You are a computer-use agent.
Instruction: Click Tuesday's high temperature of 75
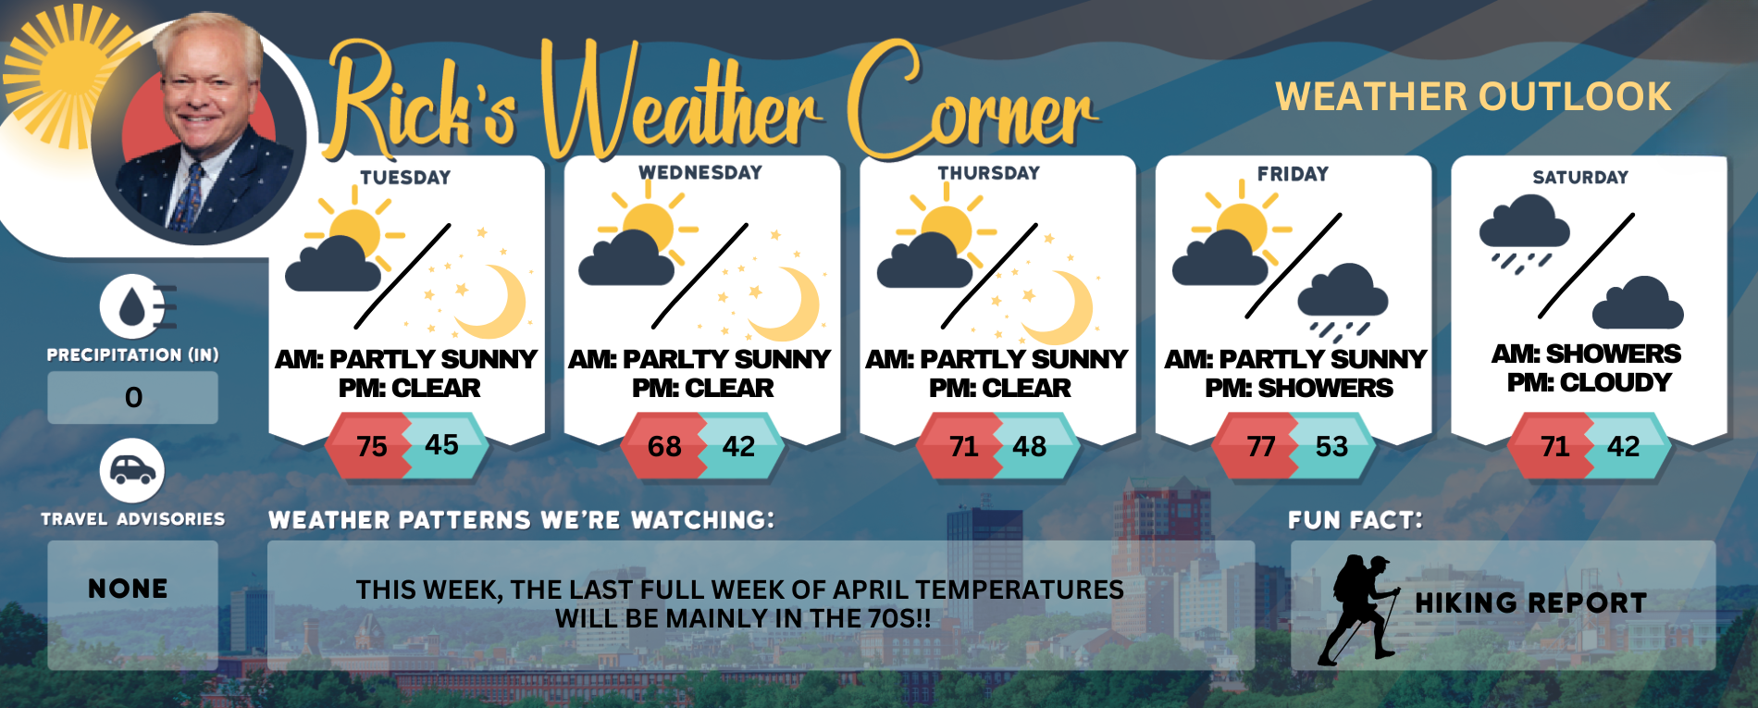pyautogui.click(x=372, y=446)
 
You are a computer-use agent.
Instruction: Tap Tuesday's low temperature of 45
pyautogui.click(x=441, y=445)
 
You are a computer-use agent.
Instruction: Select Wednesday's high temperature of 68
pyautogui.click(x=664, y=446)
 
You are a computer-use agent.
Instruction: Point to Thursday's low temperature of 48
pyautogui.click(x=1029, y=446)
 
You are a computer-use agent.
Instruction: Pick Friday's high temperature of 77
pyautogui.click(x=1260, y=446)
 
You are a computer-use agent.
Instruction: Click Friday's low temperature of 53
pyautogui.click(x=1331, y=446)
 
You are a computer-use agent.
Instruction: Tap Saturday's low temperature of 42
pyautogui.click(x=1623, y=446)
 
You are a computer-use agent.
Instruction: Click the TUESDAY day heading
pyautogui.click(x=405, y=178)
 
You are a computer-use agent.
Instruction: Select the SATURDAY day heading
pyautogui.click(x=1580, y=178)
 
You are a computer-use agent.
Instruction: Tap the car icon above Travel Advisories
pyautogui.click(x=132, y=471)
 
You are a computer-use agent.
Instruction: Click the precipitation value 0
pyautogui.click(x=133, y=398)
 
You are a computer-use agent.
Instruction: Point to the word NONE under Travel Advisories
pyautogui.click(x=129, y=589)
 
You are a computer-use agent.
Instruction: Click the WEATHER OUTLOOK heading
pyautogui.click(x=1473, y=96)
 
